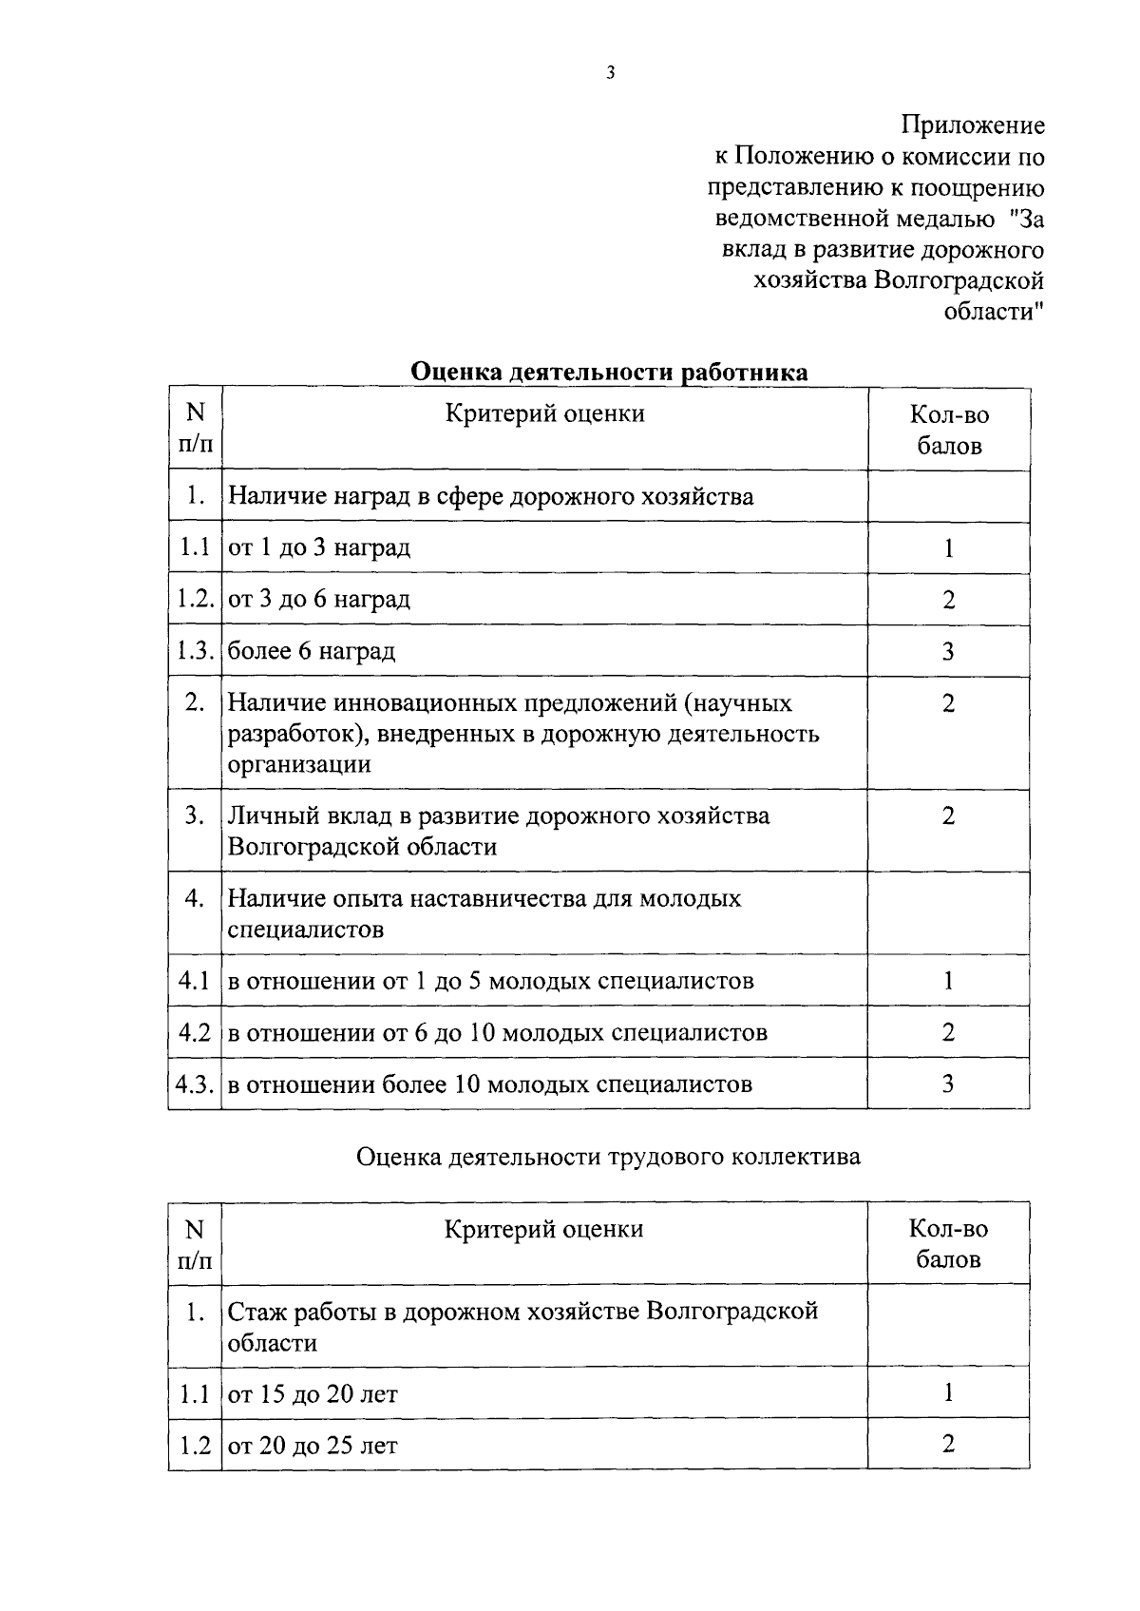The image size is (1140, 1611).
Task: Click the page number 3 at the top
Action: pos(610,72)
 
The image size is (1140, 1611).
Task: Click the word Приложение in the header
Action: pos(973,125)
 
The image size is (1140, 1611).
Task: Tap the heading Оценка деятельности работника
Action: pos(609,372)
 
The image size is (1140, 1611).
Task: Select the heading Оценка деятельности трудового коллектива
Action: pos(608,1156)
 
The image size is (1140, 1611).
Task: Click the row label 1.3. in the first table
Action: pos(195,651)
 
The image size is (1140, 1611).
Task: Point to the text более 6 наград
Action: pos(312,651)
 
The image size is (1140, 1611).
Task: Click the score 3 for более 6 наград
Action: pos(948,651)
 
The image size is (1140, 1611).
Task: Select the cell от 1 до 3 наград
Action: pos(320,548)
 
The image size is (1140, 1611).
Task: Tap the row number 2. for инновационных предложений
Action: pos(195,703)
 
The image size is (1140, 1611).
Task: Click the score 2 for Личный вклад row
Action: pos(948,816)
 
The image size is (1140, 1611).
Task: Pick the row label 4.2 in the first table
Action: pos(195,1032)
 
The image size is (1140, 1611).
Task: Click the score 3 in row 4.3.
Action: pos(948,1084)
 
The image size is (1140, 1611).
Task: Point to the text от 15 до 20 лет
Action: pos(313,1394)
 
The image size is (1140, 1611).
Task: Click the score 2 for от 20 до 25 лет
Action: pos(948,1445)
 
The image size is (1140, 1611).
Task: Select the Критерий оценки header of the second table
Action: pos(543,1229)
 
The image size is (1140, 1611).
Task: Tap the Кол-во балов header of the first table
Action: pos(948,431)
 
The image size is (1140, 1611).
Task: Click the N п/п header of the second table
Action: pos(195,1245)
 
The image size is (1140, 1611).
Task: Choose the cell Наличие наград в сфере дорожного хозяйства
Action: pos(491,497)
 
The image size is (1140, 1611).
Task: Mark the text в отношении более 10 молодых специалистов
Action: pos(490,1084)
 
